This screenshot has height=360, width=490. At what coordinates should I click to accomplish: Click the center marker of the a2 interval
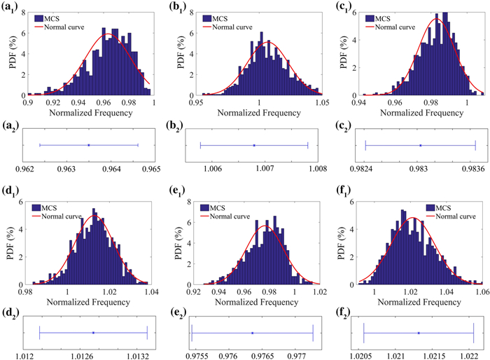coord(89,145)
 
